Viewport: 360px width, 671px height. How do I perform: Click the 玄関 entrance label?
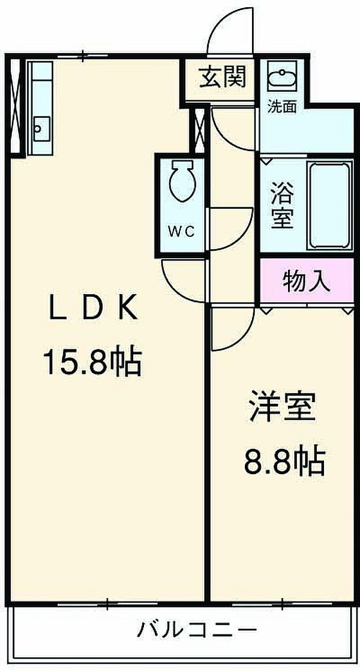223,78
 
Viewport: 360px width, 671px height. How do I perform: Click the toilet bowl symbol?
182,182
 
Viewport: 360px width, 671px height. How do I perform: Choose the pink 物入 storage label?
307,282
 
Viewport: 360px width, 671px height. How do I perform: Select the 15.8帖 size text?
92,362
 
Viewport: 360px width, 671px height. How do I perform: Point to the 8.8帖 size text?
284,462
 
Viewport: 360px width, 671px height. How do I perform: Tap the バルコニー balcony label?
196,629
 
